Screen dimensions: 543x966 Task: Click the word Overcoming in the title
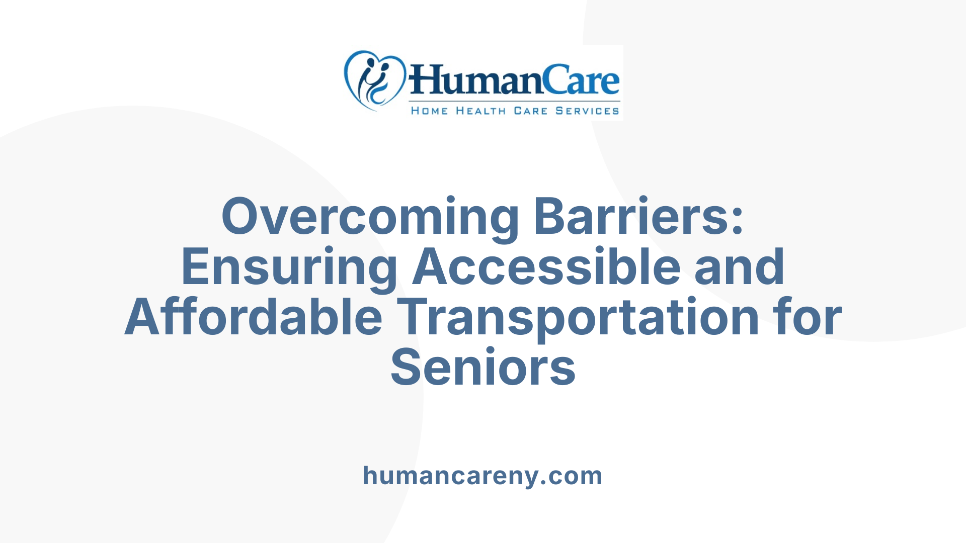tap(370, 217)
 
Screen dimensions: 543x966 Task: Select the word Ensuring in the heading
tap(289, 267)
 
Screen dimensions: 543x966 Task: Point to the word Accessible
tap(546, 266)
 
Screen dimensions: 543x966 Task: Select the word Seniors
tap(483, 368)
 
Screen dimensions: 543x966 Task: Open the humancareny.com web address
tap(483, 476)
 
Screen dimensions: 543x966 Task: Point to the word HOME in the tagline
tap(429, 111)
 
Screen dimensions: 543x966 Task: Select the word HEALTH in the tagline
tap(480, 111)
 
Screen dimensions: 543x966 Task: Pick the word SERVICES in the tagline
tap(587, 111)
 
